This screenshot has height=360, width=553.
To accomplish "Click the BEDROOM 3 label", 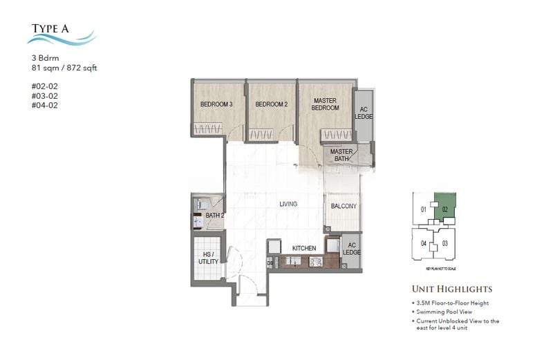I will (217, 104).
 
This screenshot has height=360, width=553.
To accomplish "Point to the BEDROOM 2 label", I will (271, 104).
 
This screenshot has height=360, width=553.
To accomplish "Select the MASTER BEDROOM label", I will (325, 104).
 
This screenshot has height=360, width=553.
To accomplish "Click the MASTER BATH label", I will (341, 155).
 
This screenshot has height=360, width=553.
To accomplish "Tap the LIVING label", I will (288, 205).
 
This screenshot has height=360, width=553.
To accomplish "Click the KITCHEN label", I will (304, 248).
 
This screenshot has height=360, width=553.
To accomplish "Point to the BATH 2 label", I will (215, 216).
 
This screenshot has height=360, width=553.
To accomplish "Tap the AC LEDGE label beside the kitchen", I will (351, 249).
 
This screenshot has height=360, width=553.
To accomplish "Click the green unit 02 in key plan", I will (445, 207).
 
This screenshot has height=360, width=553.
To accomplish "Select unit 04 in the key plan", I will (423, 243).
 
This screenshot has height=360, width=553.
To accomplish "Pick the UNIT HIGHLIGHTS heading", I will (452, 289).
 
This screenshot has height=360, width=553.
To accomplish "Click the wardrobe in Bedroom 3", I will (207, 129).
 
